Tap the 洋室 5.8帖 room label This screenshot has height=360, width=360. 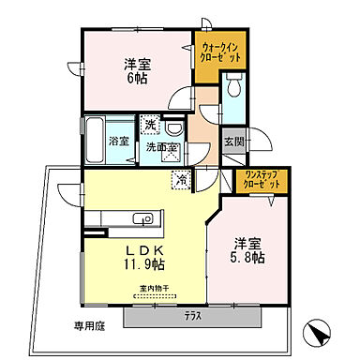(248, 247)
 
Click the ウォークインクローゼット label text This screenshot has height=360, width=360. (221, 52)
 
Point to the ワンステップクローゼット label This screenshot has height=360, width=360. (262, 180)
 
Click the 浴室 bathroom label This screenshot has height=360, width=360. (118, 141)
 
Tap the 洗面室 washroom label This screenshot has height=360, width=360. (161, 147)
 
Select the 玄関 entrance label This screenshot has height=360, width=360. (233, 142)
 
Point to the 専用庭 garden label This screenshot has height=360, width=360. (64, 326)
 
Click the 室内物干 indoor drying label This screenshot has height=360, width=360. (155, 289)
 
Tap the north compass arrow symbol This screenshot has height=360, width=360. (317, 332)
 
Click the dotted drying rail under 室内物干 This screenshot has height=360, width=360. (155, 297)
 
